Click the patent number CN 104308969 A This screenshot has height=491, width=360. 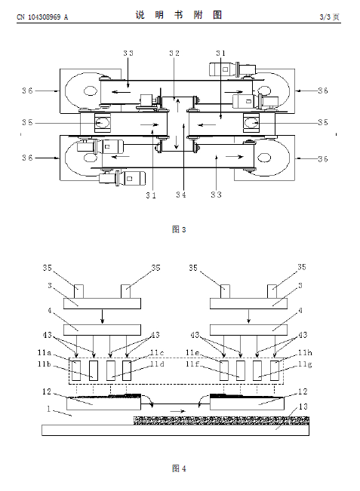coord(42,17)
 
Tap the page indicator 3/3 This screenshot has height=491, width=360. coord(325,17)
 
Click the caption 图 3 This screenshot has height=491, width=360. coord(179,229)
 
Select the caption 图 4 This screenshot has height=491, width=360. coord(179,468)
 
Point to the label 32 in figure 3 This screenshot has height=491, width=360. coord(174,54)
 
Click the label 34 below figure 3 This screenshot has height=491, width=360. coord(181,195)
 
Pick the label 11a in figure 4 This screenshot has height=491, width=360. coord(45,352)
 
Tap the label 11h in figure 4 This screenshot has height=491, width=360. coord(305,353)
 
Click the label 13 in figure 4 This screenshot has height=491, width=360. coord(303,407)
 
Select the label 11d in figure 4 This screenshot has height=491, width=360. coord(157,364)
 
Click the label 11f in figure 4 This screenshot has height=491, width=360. coord(192,364)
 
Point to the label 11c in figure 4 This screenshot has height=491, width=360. coord(157,353)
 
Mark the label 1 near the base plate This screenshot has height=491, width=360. coord(48,409)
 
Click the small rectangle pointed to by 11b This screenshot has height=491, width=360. coord(94,370)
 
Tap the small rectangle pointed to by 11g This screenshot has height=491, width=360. coord(257,370)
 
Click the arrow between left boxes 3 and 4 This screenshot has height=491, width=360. coord(103,316)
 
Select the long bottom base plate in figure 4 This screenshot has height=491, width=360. coord(175,430)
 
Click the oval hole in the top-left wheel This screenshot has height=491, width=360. coord(91,91)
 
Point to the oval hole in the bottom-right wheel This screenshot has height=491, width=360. coord(264,158)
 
